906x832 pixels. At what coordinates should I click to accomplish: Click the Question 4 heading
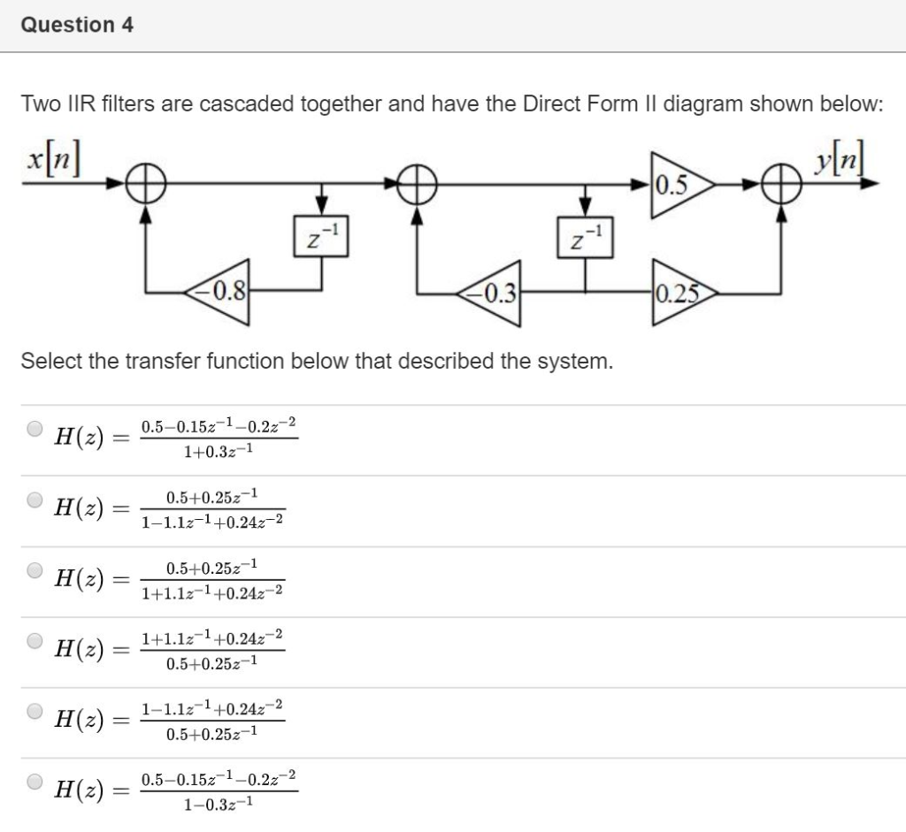(x=77, y=25)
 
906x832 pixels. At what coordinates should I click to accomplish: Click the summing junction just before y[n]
(x=779, y=186)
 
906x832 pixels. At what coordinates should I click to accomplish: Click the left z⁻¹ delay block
(x=322, y=237)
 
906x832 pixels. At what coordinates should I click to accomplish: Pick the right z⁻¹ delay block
(x=584, y=237)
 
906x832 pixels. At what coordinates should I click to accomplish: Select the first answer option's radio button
(x=35, y=430)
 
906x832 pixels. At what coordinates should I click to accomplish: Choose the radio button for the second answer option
(x=35, y=500)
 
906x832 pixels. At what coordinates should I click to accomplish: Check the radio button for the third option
(x=35, y=570)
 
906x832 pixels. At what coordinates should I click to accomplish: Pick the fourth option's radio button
(x=35, y=640)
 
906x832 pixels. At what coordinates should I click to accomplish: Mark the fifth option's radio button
(x=35, y=711)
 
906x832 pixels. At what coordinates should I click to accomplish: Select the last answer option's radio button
(x=35, y=782)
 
